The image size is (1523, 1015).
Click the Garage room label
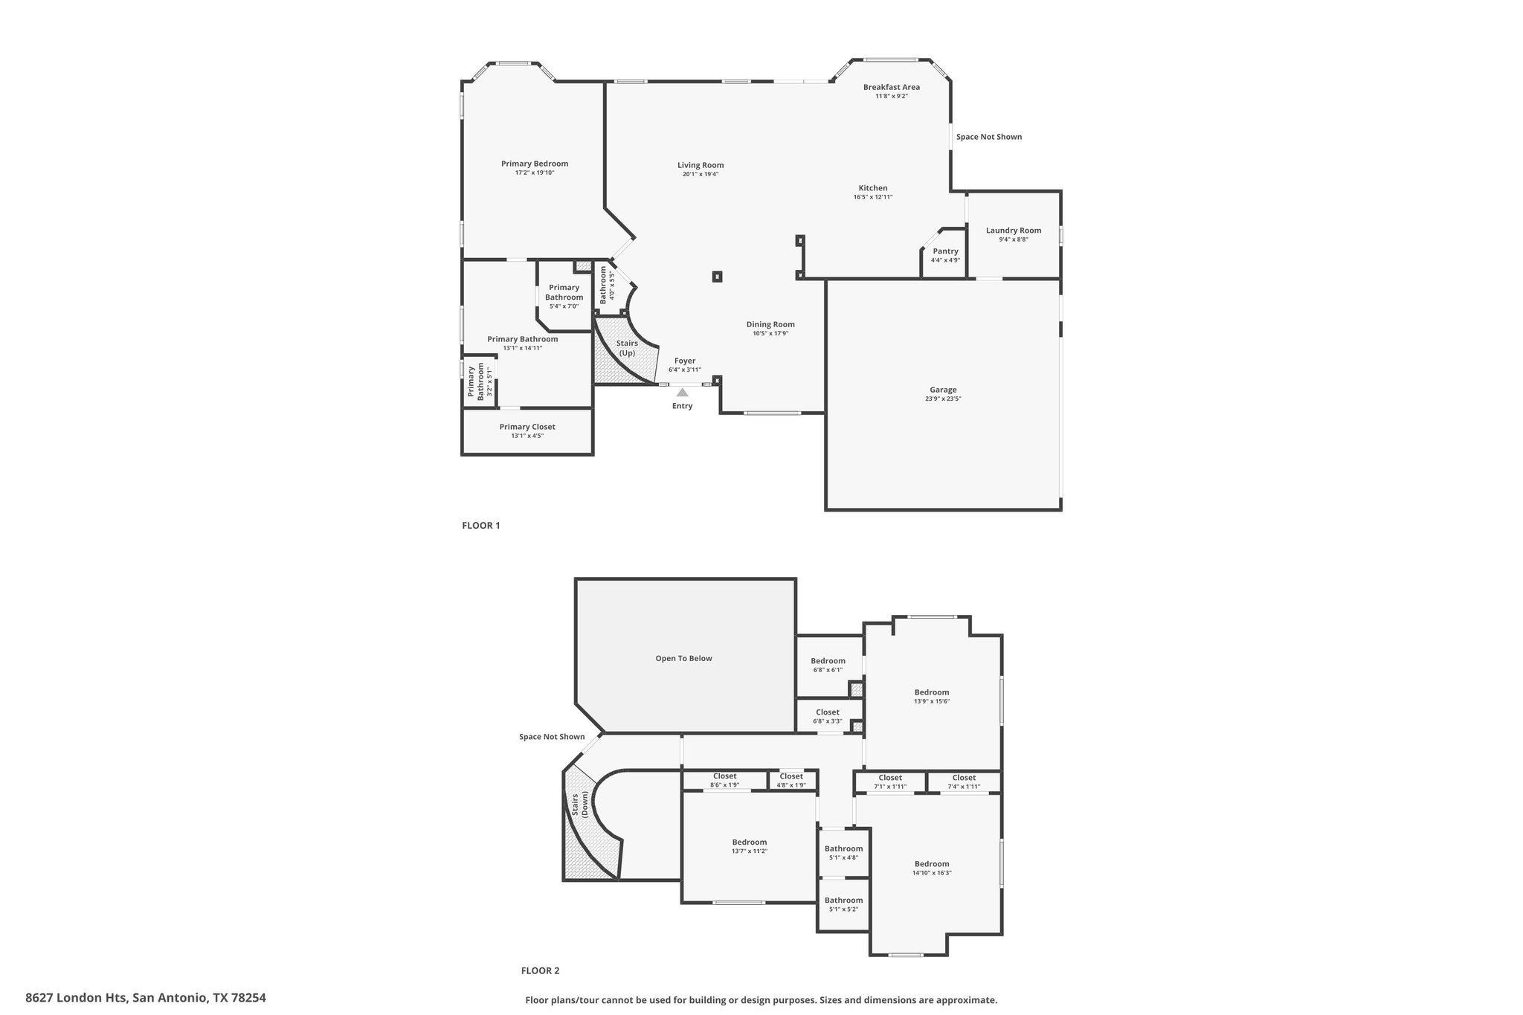(x=943, y=390)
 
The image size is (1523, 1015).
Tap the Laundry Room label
(x=1014, y=231)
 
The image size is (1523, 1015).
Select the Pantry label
(x=945, y=251)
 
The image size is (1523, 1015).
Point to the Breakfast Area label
(x=892, y=87)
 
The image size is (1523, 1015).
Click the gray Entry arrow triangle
(x=682, y=392)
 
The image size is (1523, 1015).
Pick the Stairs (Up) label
(x=628, y=348)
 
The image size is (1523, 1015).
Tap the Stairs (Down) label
(x=580, y=805)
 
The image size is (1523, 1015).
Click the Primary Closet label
(x=527, y=427)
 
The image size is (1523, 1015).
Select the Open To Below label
(x=683, y=658)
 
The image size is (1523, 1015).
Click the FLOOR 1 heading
(x=481, y=526)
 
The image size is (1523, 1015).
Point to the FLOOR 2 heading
(x=540, y=970)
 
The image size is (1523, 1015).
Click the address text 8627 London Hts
(x=77, y=998)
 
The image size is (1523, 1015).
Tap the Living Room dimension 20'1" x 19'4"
(x=701, y=174)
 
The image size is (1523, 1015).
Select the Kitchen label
(x=873, y=188)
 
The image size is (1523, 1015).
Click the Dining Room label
(x=770, y=324)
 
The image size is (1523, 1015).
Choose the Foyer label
(x=685, y=361)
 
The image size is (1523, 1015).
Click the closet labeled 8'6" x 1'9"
(x=724, y=780)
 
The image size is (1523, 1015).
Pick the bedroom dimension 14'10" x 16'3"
(x=932, y=873)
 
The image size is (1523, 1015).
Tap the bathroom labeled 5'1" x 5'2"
(x=843, y=904)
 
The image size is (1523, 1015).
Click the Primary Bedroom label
(x=535, y=164)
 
